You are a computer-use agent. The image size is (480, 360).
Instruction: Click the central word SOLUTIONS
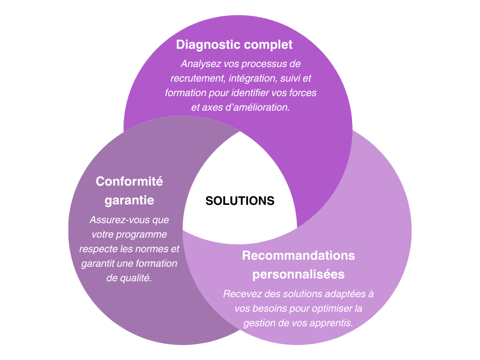point(240,201)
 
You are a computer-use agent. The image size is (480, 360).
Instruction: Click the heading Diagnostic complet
point(234,45)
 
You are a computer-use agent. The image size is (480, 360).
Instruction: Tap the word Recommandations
point(298,255)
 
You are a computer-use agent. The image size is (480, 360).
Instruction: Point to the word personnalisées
point(299,274)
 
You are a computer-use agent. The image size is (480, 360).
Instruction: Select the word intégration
point(248,78)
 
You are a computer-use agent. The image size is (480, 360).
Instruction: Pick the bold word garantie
point(129,200)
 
